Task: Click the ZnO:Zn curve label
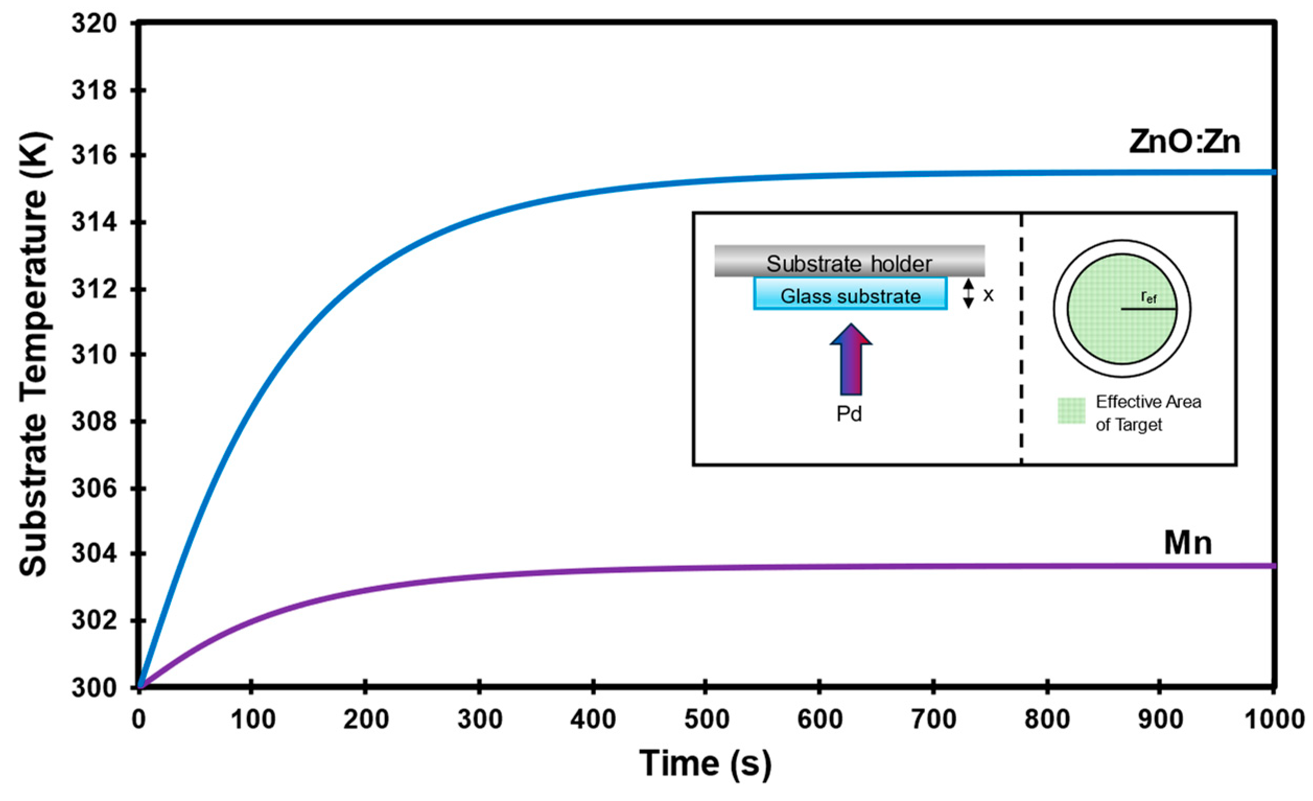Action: (1184, 142)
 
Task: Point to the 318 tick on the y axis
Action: (95, 90)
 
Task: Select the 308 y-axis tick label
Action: (95, 422)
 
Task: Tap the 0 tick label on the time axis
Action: (138, 720)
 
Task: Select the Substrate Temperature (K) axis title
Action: (33, 354)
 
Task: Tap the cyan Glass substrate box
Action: (850, 294)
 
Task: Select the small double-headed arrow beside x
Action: (968, 294)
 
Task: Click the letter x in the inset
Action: (988, 295)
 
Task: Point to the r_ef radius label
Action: (1149, 297)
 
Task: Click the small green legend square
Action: (1071, 411)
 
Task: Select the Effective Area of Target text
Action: (1148, 413)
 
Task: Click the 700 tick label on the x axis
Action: (934, 720)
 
